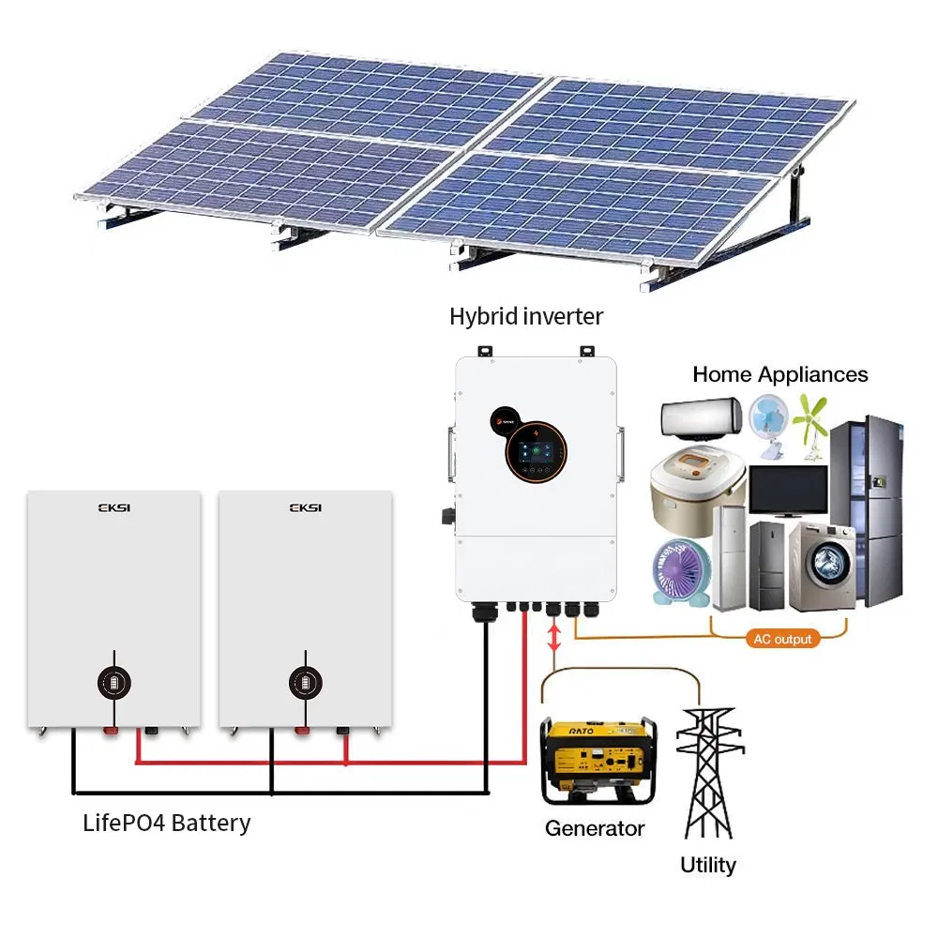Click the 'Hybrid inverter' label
[525, 317]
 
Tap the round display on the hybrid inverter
[537, 450]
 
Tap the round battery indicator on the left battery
[114, 682]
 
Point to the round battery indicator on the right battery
[304, 682]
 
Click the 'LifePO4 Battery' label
[166, 824]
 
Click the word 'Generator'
[595, 829]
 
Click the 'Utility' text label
[708, 865]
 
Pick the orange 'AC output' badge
[781, 639]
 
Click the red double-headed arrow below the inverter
[554, 639]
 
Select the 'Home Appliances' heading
[779, 374]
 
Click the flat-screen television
[787, 488]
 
